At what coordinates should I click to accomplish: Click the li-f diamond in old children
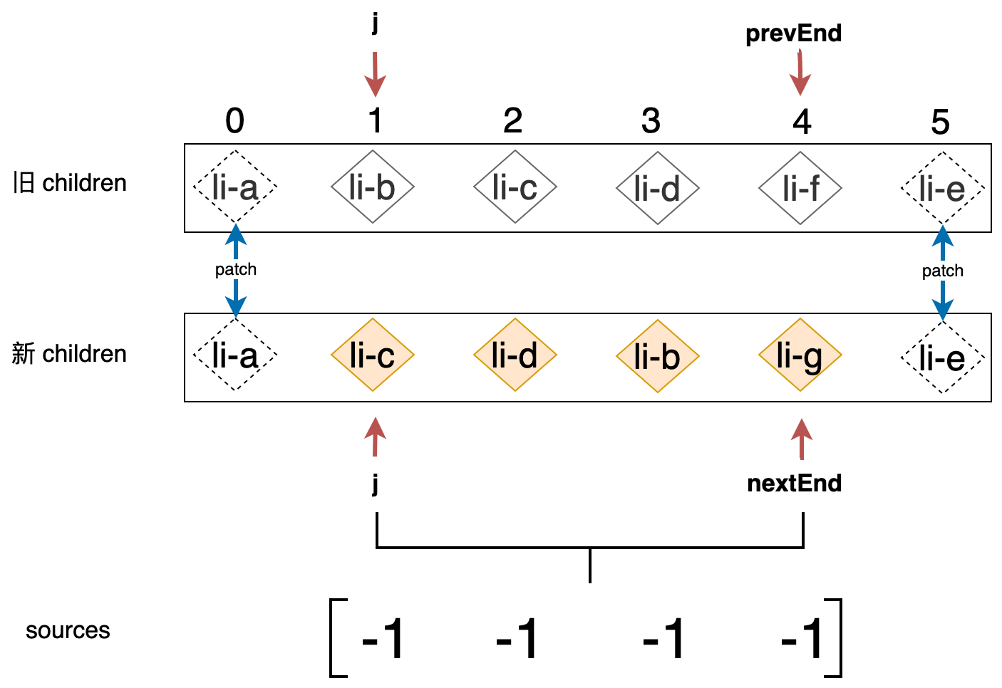point(800,188)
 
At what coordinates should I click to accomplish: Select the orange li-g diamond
point(800,355)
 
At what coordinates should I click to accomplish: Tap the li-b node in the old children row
point(372,187)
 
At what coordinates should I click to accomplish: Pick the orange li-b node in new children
point(657,356)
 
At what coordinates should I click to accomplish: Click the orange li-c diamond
point(372,355)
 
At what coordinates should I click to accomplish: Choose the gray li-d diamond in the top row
point(657,188)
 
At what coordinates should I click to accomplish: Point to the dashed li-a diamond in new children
point(234,355)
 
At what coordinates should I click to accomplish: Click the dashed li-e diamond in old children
point(942,188)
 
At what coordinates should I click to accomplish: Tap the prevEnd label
point(793,33)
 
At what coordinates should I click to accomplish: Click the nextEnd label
point(794,484)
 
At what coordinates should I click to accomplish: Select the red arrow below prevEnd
point(800,73)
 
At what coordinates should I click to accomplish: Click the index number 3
point(651,121)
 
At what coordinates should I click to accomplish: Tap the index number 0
point(234,121)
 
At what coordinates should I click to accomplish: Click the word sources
point(68,630)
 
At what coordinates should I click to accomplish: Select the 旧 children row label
point(69,183)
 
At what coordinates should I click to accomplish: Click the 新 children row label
point(69,354)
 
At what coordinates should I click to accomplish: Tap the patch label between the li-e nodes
point(942,271)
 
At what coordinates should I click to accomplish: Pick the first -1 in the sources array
point(383,639)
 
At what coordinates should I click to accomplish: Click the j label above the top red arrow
point(375,23)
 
